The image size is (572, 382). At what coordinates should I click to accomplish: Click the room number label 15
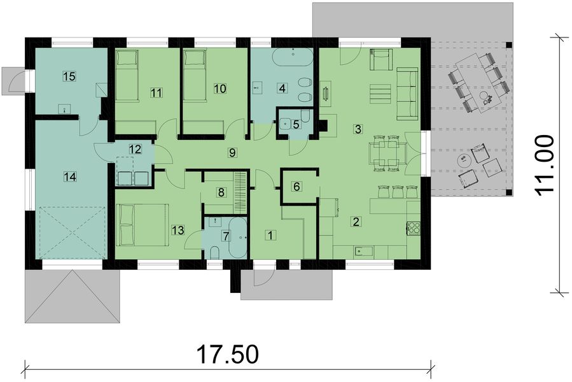(x=69, y=76)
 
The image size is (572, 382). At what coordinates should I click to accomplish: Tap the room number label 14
(x=69, y=177)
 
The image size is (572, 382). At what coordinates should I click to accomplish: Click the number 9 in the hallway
(x=232, y=152)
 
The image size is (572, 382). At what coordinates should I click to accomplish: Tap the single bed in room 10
(x=194, y=75)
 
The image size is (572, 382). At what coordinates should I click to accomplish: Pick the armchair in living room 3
(x=380, y=59)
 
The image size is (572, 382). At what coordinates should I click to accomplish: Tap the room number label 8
(x=221, y=192)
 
